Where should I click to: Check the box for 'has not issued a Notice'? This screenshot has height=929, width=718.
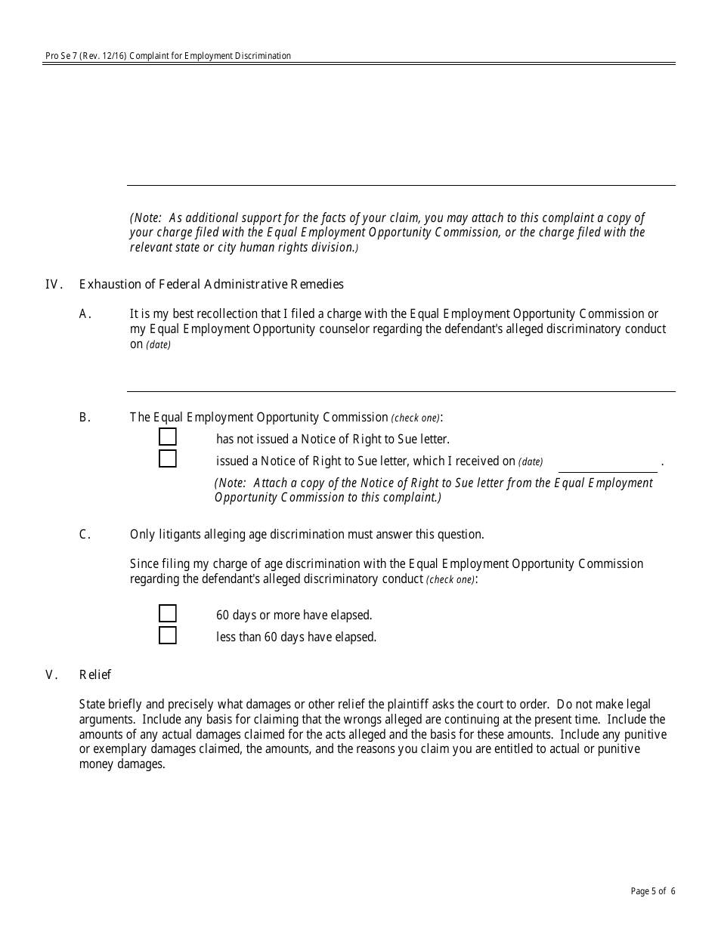tap(167, 437)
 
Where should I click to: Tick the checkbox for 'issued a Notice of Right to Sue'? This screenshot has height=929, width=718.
tap(167, 459)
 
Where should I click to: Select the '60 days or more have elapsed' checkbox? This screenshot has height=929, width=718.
tap(167, 613)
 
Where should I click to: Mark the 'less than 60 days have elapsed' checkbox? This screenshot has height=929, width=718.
tap(167, 635)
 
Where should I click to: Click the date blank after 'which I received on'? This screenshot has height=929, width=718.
tap(608, 462)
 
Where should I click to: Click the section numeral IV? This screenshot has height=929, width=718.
tap(53, 285)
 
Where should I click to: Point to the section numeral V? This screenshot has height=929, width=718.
tap(51, 675)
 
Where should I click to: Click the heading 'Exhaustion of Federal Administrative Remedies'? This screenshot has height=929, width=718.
tap(211, 285)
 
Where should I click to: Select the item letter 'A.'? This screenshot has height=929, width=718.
tap(85, 314)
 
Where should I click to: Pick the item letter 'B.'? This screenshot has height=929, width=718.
tap(85, 417)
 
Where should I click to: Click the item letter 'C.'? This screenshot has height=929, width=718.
tap(85, 535)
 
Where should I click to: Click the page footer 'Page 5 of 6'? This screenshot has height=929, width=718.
tap(653, 891)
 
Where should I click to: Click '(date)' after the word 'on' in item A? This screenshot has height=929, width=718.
tap(159, 345)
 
